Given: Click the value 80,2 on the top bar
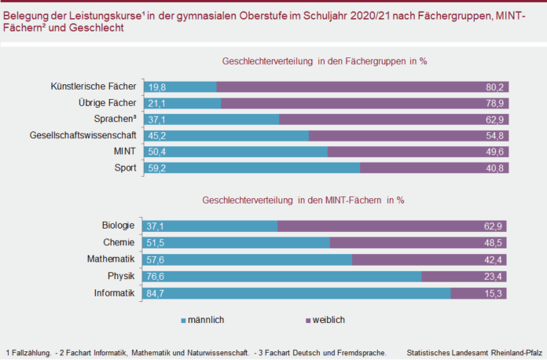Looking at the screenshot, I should [495, 86].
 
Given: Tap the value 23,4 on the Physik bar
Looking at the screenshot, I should [495, 276].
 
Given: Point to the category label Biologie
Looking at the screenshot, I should [119, 226].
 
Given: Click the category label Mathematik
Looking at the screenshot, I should [112, 259].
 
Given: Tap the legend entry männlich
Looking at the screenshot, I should [205, 320].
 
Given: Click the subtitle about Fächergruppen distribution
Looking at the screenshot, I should [329, 61].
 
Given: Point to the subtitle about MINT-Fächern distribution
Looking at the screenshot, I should [303, 200].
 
